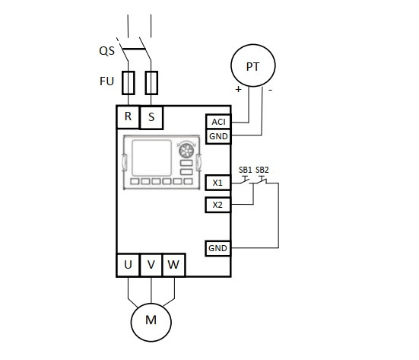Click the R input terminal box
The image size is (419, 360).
(x=128, y=117)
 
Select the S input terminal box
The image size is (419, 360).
(x=151, y=118)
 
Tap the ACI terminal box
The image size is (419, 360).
(x=218, y=122)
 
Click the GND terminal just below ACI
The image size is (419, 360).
(x=218, y=136)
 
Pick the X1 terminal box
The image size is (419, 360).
(x=217, y=183)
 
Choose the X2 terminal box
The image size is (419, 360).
(x=217, y=205)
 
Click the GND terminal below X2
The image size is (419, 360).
(x=217, y=248)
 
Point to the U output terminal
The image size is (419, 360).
(x=128, y=265)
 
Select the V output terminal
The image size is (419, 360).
(x=151, y=265)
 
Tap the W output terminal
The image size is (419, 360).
(x=173, y=265)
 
